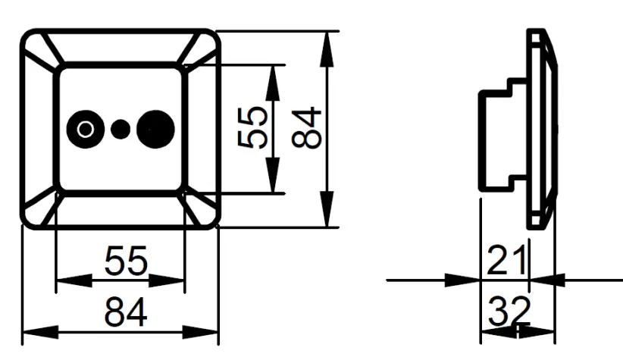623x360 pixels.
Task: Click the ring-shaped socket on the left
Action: [x=84, y=129]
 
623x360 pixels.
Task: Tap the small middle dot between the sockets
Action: [x=120, y=129]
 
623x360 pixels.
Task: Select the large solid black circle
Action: [x=155, y=128]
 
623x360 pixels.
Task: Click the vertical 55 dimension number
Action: [x=252, y=128]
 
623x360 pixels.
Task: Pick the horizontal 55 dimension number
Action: [x=127, y=262]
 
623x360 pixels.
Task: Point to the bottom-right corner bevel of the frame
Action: [x=199, y=208]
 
